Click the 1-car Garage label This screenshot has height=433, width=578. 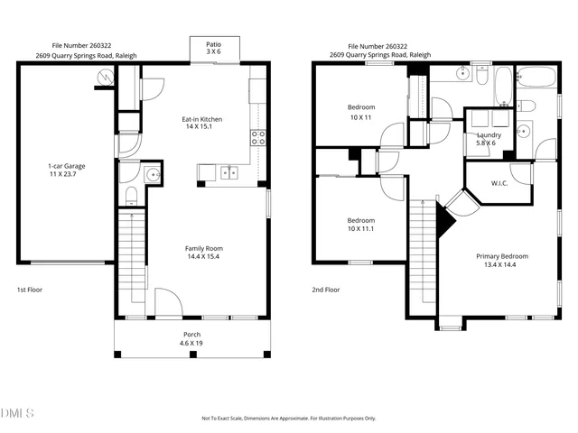click(x=67, y=166)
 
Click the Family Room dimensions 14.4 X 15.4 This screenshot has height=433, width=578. click(x=203, y=257)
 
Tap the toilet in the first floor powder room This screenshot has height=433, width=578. click(x=132, y=195)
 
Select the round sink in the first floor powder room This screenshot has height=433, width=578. click(x=153, y=173)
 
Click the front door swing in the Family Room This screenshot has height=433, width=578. click(x=166, y=302)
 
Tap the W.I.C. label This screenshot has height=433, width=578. click(x=499, y=183)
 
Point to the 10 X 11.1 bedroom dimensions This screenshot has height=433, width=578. click(x=361, y=229)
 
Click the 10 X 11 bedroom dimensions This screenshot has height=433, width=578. click(x=361, y=117)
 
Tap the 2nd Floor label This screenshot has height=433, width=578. click(x=326, y=290)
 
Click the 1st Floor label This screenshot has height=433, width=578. click(x=29, y=290)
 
